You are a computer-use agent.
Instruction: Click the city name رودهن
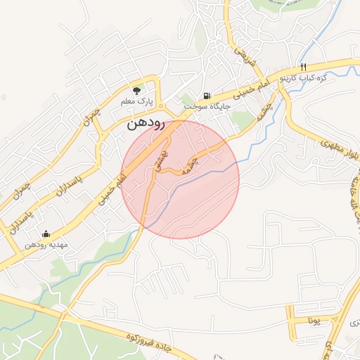(146, 124)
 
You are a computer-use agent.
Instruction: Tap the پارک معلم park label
(136, 102)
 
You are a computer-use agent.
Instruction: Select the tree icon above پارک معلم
(136, 91)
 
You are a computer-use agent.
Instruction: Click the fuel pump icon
(206, 96)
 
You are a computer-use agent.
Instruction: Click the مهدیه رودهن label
(46, 245)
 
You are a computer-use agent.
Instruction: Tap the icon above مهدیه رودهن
(46, 233)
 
